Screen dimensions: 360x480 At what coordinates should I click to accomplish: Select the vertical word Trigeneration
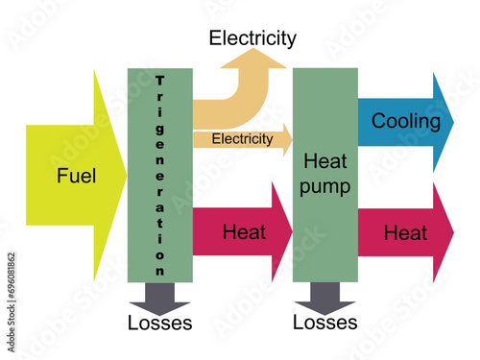(x=159, y=175)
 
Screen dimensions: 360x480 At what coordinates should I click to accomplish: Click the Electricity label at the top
(x=252, y=38)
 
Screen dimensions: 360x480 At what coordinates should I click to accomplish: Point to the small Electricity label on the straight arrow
(x=242, y=139)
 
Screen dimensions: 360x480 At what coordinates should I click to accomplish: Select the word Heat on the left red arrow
(x=244, y=232)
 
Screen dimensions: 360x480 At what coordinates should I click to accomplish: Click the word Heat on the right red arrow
(x=405, y=232)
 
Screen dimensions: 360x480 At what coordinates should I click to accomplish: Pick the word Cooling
(x=406, y=122)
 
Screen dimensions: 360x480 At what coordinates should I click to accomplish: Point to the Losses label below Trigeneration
(x=159, y=324)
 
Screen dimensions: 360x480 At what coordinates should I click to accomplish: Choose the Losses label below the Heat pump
(x=325, y=323)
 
